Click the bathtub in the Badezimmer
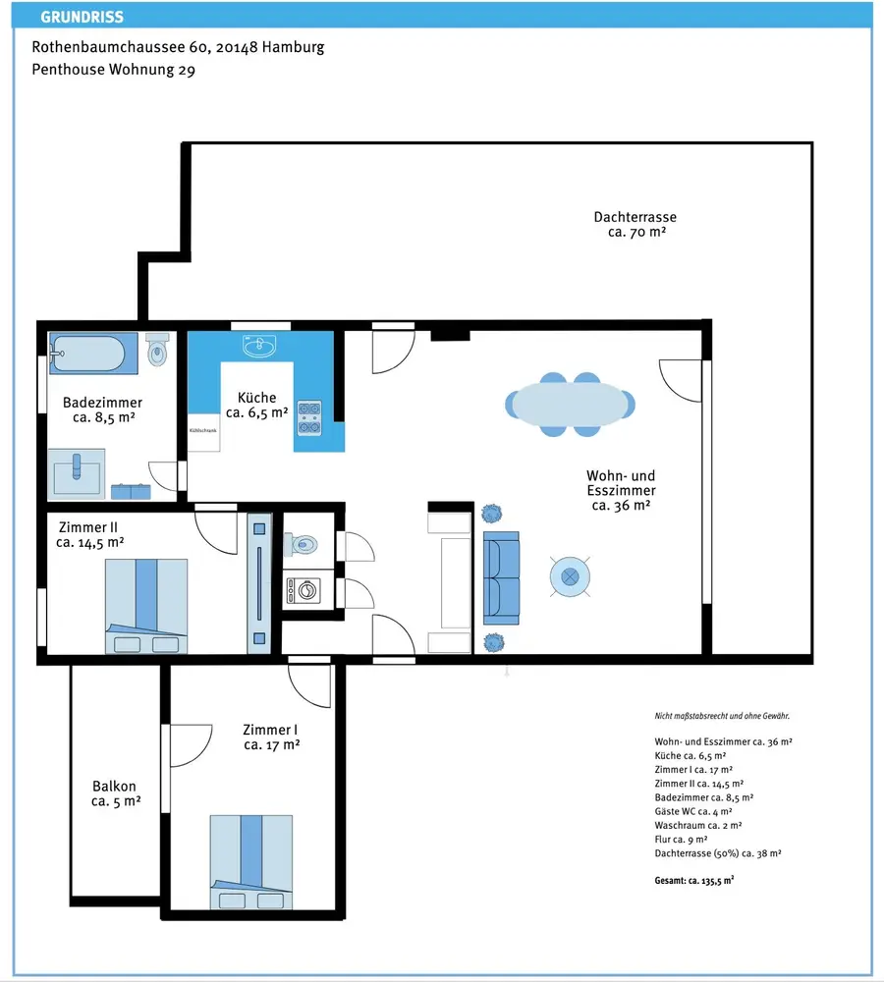(93, 354)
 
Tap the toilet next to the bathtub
(157, 350)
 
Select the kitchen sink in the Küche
(259, 347)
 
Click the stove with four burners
(308, 417)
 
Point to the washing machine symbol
(304, 590)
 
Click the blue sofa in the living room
(501, 578)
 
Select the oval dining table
(570, 405)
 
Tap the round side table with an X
(570, 576)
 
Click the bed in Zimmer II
(146, 606)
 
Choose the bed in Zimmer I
(251, 862)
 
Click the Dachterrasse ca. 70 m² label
(635, 224)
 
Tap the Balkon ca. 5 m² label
(115, 793)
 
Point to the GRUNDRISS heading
(83, 17)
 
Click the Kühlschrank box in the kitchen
(203, 431)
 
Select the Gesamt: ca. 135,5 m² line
(694, 880)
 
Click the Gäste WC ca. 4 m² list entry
(692, 811)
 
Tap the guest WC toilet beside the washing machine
(301, 544)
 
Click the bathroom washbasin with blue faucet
(77, 474)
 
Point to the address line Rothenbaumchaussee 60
(178, 47)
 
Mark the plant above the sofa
(492, 514)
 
